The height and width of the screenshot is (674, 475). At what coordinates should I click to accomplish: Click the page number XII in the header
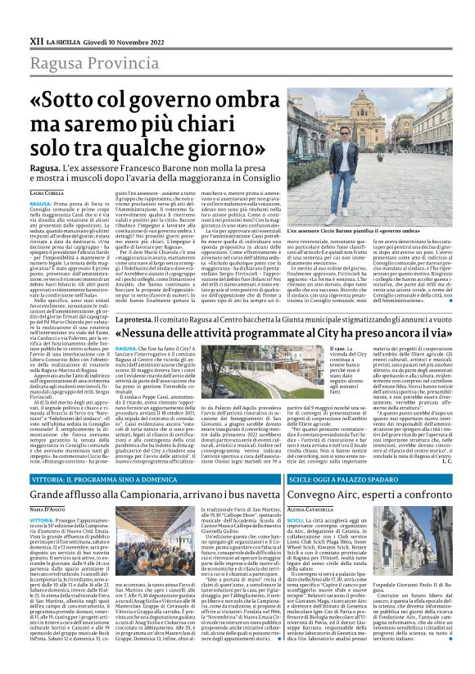coord(35,39)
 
